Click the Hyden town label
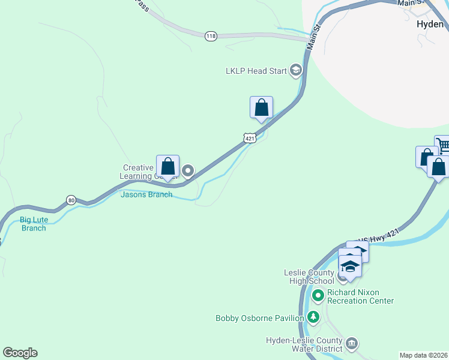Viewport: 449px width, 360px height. tap(429, 25)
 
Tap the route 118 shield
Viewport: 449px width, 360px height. tap(211, 36)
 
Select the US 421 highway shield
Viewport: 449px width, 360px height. tap(250, 139)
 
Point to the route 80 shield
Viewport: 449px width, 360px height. tap(71, 200)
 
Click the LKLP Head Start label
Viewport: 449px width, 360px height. tap(256, 71)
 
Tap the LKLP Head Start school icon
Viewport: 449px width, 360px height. tap(295, 71)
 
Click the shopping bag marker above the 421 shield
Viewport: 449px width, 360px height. tap(261, 108)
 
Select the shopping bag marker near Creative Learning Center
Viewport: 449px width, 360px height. tap(168, 167)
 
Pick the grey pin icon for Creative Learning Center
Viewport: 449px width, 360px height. tap(188, 172)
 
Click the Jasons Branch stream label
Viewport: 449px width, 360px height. tap(146, 194)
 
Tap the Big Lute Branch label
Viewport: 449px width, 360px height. tap(33, 224)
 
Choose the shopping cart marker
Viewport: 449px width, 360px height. tap(443, 145)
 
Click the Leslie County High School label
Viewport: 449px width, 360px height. tap(309, 277)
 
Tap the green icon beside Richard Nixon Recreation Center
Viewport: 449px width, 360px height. tap(318, 295)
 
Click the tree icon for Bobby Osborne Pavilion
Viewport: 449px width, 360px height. tap(313, 317)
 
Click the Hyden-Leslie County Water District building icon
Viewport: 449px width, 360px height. tap(352, 343)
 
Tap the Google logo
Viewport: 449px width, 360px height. tap(20, 353)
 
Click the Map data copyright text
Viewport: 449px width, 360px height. tap(424, 355)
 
